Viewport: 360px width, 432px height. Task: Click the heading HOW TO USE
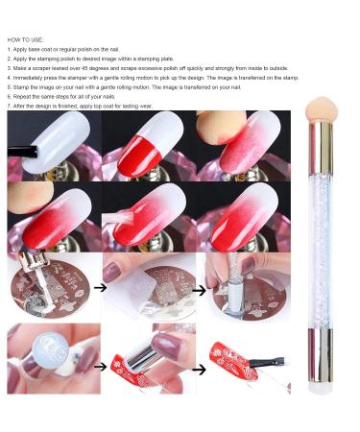click(25, 40)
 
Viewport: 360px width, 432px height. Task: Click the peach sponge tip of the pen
click(322, 109)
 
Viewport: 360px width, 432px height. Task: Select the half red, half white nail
click(151, 144)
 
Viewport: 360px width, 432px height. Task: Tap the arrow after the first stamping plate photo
click(100, 287)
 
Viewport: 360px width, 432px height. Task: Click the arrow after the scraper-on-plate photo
click(199, 291)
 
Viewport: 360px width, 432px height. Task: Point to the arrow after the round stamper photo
click(101, 367)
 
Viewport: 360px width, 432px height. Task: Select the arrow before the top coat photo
click(199, 370)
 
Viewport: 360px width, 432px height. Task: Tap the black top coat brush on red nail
click(268, 363)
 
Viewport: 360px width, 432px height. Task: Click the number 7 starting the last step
click(10, 106)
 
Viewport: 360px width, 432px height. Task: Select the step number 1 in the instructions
click(10, 50)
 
